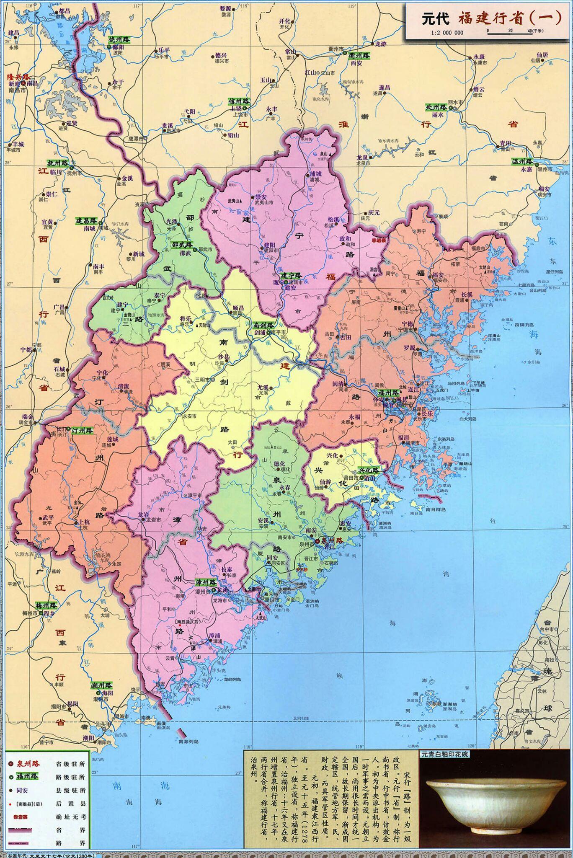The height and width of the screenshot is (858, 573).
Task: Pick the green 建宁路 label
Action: (x=292, y=275)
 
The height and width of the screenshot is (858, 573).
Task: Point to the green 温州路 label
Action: (x=522, y=162)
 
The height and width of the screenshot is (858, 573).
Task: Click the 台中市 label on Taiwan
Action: (x=549, y=630)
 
